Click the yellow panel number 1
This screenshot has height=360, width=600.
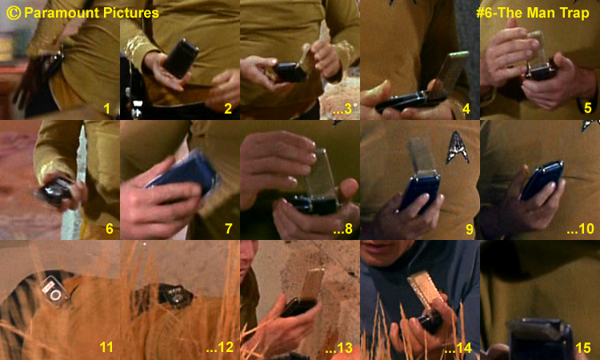[107, 109]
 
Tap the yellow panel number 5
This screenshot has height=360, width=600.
[588, 108]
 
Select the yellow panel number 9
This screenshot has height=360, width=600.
[469, 229]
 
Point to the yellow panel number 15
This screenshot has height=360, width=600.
[583, 347]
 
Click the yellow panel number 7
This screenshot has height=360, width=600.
[229, 229]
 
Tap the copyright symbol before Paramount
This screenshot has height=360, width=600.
[14, 13]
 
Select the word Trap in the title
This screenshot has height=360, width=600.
[574, 13]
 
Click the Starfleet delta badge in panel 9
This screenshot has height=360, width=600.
[458, 147]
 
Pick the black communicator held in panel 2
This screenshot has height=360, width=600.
[180, 58]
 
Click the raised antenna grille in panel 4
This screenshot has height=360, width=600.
[449, 74]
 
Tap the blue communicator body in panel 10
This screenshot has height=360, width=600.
[542, 180]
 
